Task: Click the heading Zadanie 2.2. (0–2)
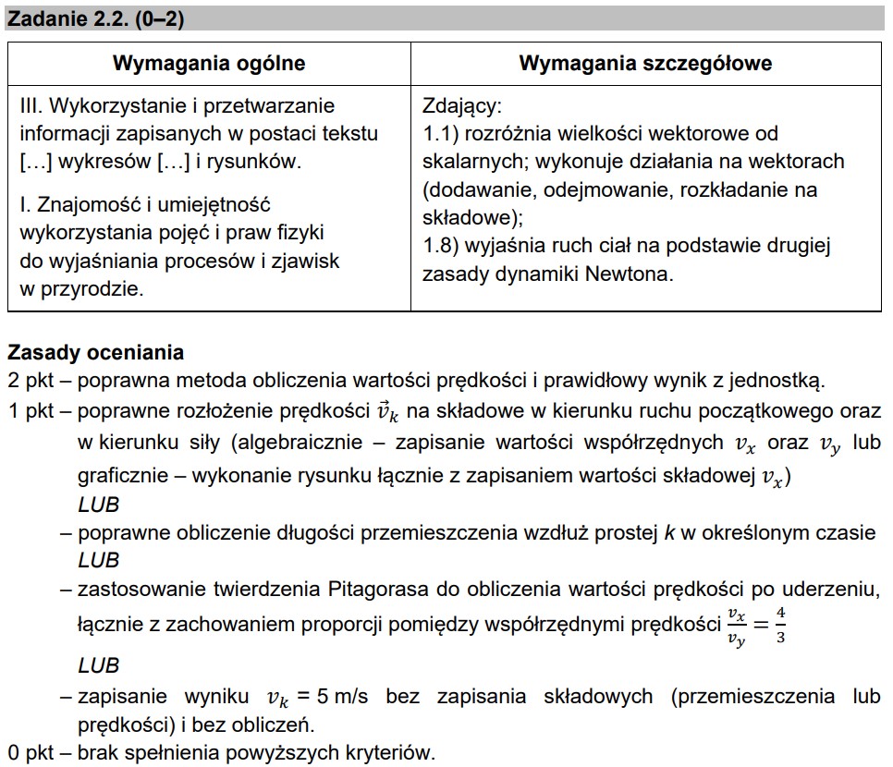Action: pos(95,19)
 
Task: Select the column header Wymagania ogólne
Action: pos(209,64)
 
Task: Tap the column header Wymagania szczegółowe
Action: pos(645,64)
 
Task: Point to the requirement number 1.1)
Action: pos(442,133)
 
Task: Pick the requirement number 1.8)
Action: pos(442,246)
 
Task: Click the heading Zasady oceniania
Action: pos(95,352)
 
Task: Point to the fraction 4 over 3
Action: pos(781,625)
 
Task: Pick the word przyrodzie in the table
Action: pos(100,288)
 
